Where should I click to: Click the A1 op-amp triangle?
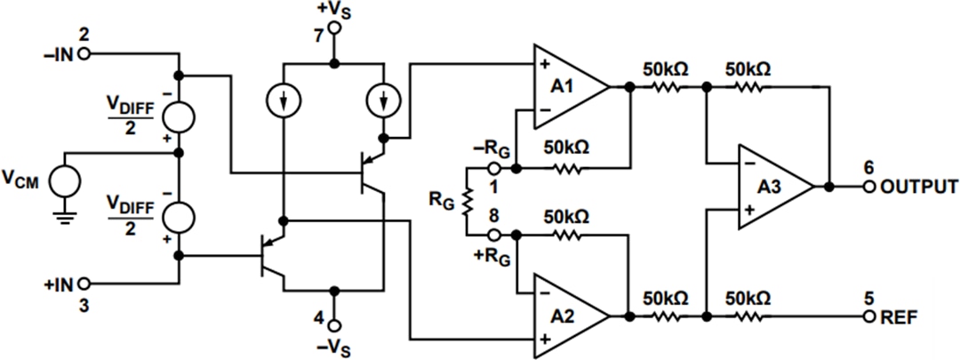point(565,87)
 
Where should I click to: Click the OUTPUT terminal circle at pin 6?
point(868,187)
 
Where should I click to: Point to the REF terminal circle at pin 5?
point(868,316)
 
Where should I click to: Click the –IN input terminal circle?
point(84,53)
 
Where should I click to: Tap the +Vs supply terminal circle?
point(334,28)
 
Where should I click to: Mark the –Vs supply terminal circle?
point(334,324)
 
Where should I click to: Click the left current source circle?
point(282,103)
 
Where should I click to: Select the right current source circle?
point(385,103)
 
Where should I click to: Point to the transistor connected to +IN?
point(272,255)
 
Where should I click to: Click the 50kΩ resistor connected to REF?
point(747,316)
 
